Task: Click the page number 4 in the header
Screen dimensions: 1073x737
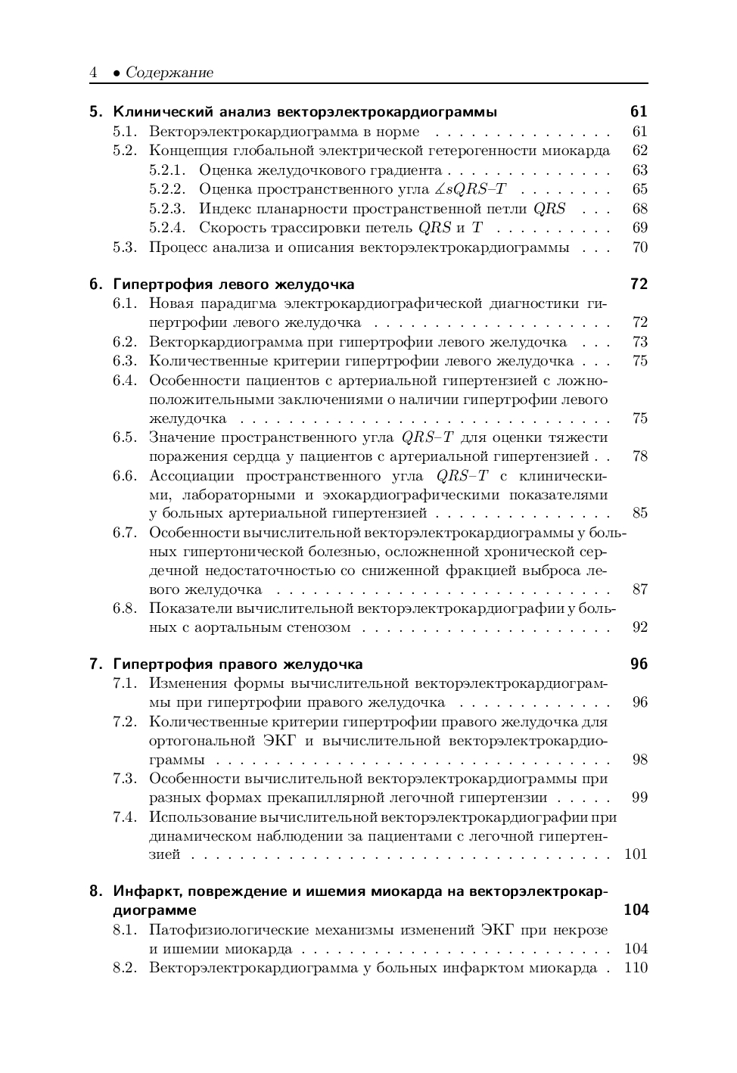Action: tap(93, 73)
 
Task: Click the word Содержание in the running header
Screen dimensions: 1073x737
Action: tap(169, 73)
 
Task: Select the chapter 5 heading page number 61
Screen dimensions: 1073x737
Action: tap(639, 112)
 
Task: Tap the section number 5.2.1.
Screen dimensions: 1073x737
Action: tap(167, 170)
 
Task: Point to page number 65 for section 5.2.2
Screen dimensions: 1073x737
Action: tap(639, 189)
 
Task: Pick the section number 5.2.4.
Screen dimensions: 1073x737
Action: tap(167, 228)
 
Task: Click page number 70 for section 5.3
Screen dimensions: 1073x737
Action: tap(639, 247)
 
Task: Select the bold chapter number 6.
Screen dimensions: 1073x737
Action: tap(95, 285)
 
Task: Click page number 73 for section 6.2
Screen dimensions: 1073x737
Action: tap(639, 342)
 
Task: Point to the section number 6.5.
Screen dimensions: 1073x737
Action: tap(125, 437)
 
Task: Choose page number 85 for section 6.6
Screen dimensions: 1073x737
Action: tap(639, 513)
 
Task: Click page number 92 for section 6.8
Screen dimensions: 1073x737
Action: tap(639, 627)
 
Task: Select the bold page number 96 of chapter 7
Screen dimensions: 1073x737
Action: tap(639, 664)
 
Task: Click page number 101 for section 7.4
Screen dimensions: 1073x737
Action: tap(636, 854)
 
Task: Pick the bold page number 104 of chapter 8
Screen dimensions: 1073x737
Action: tap(636, 910)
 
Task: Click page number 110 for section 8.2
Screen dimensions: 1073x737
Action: tap(636, 968)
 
